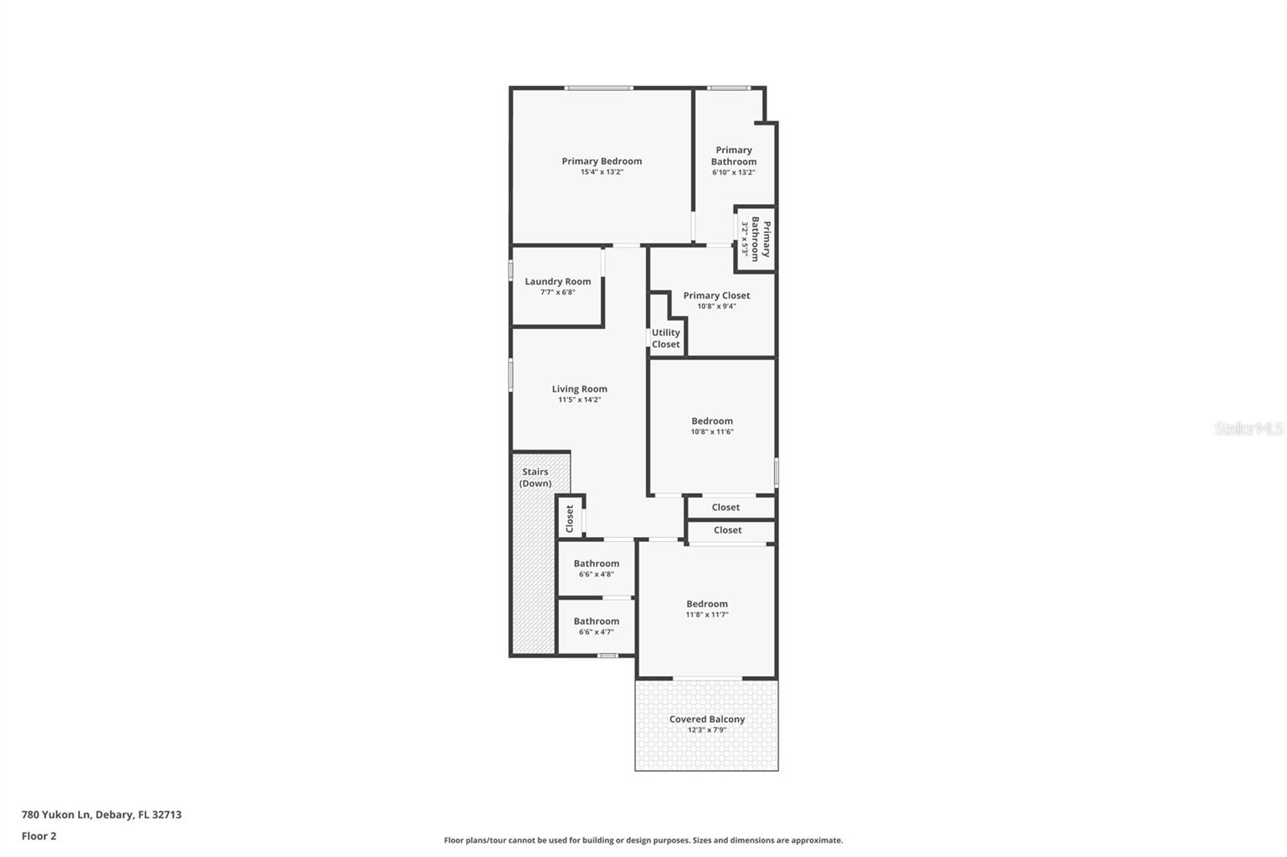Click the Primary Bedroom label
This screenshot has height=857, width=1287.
tap(602, 161)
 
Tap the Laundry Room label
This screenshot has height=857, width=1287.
tap(557, 281)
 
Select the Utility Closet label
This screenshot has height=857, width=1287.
tap(665, 338)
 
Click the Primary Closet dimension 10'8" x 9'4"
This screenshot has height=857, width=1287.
tap(716, 306)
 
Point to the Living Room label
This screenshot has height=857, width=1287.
tap(579, 389)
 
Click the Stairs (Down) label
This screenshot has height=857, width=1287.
tap(535, 478)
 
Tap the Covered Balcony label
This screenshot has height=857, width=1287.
tap(707, 720)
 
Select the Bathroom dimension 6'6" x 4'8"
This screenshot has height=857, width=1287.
tap(596, 575)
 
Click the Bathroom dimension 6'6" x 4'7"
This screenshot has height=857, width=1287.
tap(596, 633)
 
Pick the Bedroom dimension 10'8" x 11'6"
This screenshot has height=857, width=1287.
tap(712, 432)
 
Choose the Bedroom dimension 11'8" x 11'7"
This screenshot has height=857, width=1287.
tap(706, 615)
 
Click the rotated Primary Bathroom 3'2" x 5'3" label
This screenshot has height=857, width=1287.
tap(755, 239)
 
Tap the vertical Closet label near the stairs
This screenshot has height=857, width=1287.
tap(569, 518)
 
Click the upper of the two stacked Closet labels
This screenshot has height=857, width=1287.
tap(726, 507)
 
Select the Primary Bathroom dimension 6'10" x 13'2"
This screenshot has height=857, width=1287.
tap(733, 172)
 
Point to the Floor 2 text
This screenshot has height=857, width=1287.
tap(39, 836)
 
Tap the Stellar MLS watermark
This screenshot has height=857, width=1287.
tap(1248, 428)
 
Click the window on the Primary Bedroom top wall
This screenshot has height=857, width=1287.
tap(598, 88)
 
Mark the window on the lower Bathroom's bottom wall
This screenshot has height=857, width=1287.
tap(607, 656)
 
